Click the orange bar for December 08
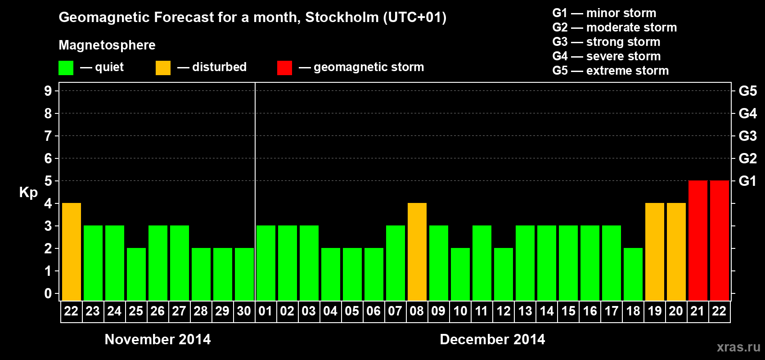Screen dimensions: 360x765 (x=417, y=252)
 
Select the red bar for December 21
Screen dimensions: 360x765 (x=698, y=240)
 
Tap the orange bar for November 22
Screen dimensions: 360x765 (x=72, y=252)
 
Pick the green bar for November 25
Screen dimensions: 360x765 (x=136, y=274)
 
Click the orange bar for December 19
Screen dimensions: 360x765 (x=655, y=252)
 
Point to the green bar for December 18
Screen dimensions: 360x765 (x=633, y=274)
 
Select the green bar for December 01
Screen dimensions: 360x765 (x=266, y=263)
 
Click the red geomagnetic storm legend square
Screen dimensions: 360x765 (x=284, y=68)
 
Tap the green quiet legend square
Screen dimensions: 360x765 (x=66, y=68)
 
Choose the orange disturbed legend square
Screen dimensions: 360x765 (x=163, y=68)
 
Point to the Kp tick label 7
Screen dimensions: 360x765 (x=48, y=136)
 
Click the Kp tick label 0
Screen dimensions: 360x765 (x=48, y=294)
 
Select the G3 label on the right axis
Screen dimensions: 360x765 (x=747, y=136)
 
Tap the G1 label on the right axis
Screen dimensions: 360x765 (x=747, y=181)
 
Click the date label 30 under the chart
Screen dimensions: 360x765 (x=244, y=311)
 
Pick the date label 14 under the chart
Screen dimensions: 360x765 (x=547, y=311)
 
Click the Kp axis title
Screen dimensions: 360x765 (x=28, y=193)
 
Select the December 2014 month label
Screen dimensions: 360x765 (x=492, y=339)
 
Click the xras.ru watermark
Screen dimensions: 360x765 (x=738, y=347)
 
